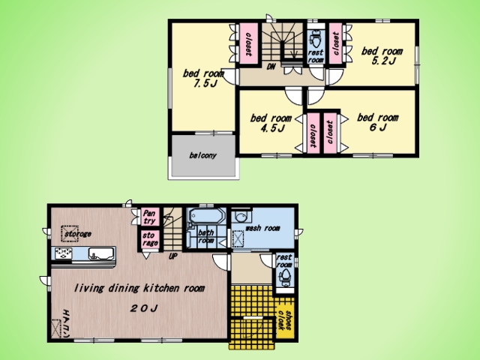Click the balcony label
coord(202,155)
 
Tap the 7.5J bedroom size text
coord(205,83)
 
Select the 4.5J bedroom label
coord(271,123)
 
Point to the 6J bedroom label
coord(378,122)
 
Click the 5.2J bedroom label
coord(382,55)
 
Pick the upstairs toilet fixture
coord(315,39)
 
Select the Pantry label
coord(149,217)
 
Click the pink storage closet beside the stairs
coord(150,239)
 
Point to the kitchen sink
coord(100,253)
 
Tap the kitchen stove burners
coord(64,253)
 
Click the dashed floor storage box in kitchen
coord(70,234)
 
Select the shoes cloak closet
coord(285,319)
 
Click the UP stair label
coord(173,256)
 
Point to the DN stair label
coord(271,67)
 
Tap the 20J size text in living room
coord(144,308)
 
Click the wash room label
coord(262,228)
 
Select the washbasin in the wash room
coord(241,217)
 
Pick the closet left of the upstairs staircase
coord(248,43)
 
